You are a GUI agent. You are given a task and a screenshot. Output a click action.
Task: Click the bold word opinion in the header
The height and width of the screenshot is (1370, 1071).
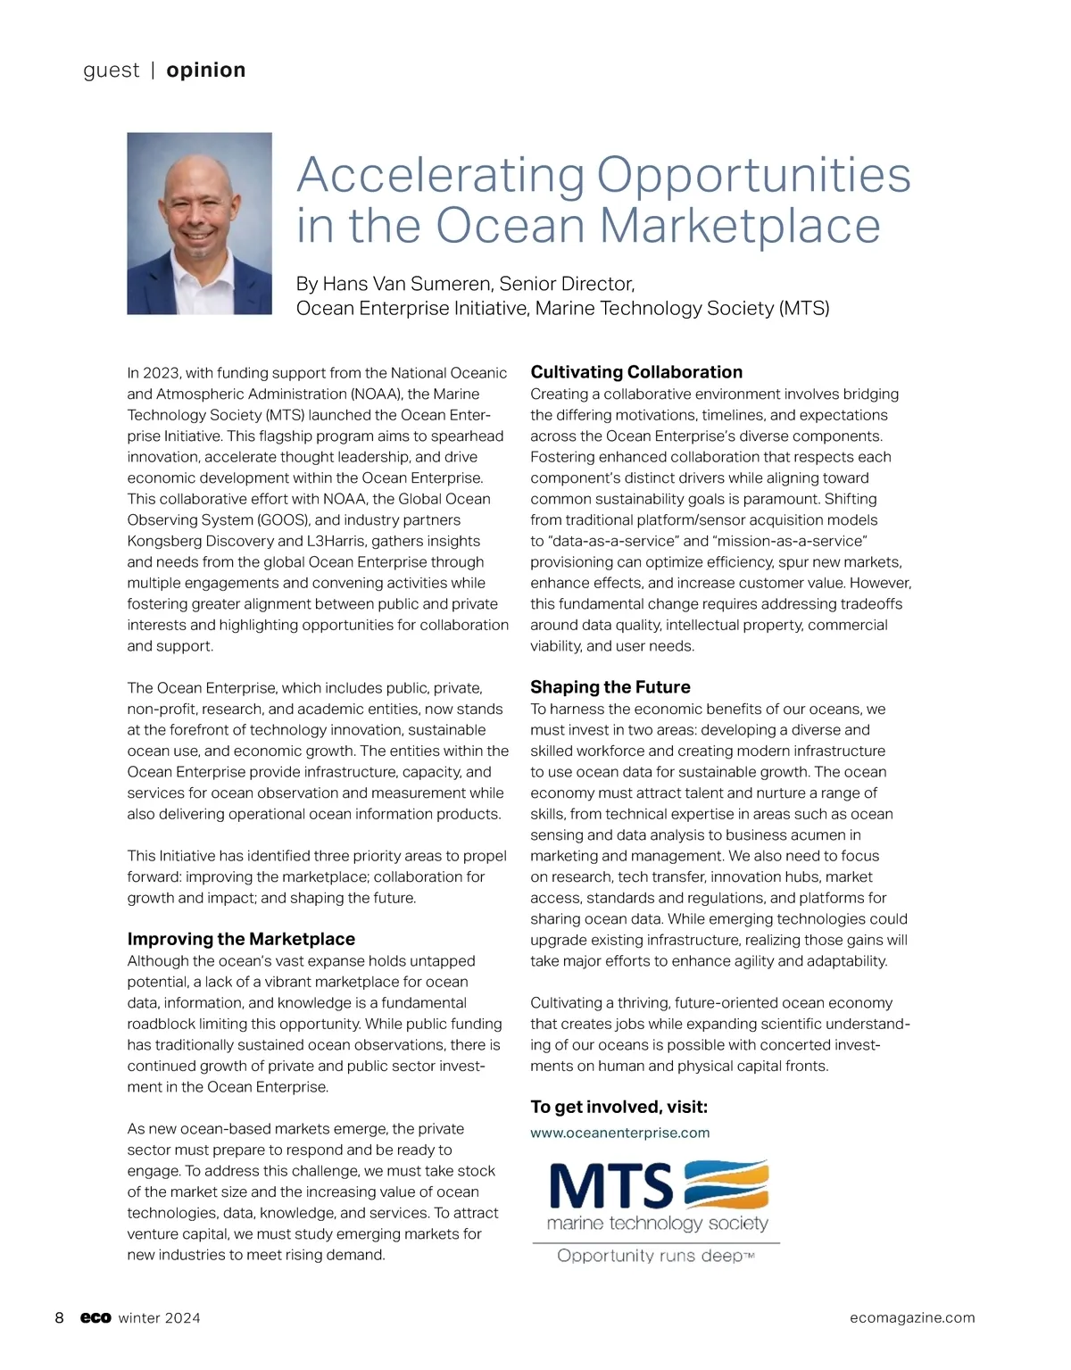pos(205,71)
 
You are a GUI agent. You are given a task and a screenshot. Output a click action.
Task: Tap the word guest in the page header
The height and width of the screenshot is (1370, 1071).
pos(111,71)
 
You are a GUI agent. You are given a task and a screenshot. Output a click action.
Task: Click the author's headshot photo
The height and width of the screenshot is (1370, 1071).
pos(199,223)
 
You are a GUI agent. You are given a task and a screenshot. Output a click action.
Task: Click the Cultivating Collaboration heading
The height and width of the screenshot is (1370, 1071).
pos(636,372)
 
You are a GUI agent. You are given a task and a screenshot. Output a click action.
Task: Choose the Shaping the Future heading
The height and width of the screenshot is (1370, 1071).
pos(610,687)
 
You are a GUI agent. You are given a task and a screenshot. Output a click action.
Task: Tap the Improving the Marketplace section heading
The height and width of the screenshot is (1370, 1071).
pos(241,939)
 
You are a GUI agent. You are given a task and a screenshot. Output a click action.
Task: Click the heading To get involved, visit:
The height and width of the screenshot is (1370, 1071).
pos(619,1107)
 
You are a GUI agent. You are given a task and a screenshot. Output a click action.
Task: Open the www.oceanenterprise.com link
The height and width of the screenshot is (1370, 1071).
pos(620,1133)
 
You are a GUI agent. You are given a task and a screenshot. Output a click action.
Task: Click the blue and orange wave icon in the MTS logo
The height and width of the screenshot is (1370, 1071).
pos(726,1183)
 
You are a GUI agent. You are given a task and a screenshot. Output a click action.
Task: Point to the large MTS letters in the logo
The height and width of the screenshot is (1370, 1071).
pos(611,1185)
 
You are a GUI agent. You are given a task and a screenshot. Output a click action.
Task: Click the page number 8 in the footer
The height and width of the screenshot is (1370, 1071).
pos(60,1318)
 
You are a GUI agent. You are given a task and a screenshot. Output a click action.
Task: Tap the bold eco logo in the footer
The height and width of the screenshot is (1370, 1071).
pos(95,1318)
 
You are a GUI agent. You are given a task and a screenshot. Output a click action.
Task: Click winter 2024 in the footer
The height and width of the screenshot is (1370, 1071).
pos(160,1318)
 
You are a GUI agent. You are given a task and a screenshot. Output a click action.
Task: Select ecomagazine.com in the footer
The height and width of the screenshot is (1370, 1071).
pos(912,1318)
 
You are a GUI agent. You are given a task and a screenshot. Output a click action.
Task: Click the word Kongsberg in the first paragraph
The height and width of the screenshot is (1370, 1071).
pos(164,541)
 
